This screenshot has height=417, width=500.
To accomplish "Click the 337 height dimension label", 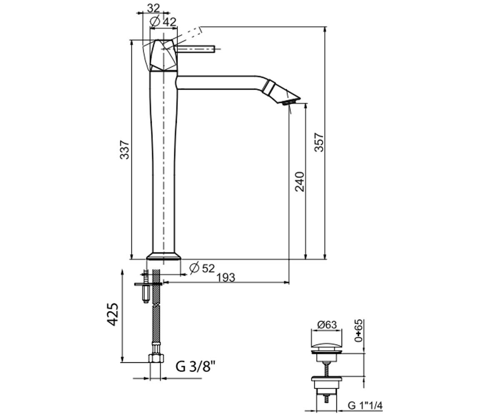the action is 125,150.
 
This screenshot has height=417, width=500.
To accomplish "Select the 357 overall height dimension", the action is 319,142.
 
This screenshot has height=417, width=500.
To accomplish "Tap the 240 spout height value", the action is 300,181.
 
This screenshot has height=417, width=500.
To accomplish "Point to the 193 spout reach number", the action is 226,278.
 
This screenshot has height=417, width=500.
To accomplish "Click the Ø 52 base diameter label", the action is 202,268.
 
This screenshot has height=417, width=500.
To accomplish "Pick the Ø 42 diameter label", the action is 163,22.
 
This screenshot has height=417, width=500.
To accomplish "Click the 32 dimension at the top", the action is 153,8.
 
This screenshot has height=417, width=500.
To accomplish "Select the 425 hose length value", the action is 113,314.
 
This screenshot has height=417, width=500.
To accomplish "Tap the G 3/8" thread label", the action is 196,367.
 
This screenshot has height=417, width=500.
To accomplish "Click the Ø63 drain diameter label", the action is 327,325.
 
